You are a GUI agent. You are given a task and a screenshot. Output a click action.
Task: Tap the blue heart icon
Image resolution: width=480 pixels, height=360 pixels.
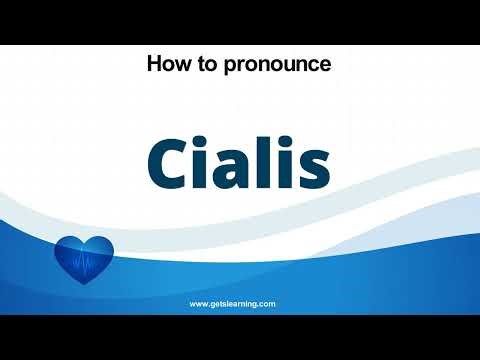pyautogui.click(x=83, y=261)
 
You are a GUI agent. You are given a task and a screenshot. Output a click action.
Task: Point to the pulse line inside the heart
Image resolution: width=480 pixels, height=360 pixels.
pyautogui.click(x=83, y=263)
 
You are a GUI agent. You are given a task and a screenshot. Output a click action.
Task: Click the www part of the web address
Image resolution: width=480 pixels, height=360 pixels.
pyautogui.click(x=199, y=302)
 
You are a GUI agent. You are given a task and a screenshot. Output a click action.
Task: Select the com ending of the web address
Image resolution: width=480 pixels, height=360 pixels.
pyautogui.click(x=267, y=302)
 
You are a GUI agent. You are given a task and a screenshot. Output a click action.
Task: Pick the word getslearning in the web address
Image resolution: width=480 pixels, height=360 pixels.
pyautogui.click(x=233, y=302)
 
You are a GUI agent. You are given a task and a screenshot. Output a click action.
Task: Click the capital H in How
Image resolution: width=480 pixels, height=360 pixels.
pyautogui.click(x=154, y=65)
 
